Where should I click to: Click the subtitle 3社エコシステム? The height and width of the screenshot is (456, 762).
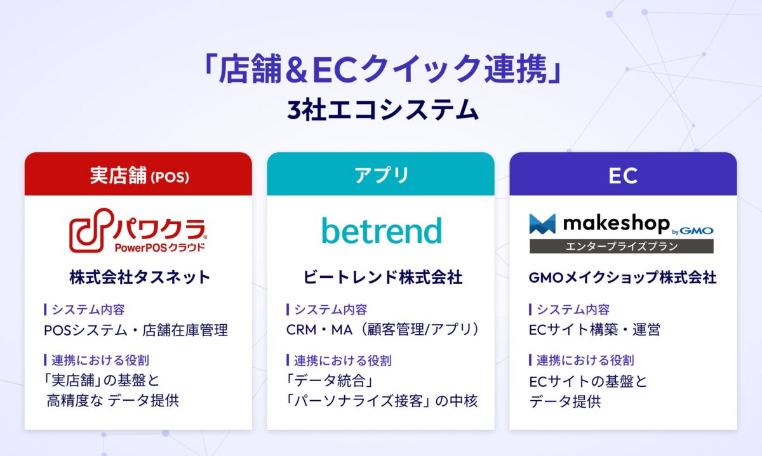381,109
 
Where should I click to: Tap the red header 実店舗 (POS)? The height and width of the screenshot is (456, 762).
138,174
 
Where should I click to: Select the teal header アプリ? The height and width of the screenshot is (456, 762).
381,174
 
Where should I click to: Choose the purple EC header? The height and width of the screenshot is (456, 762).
623,174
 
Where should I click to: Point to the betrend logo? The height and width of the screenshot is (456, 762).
381,231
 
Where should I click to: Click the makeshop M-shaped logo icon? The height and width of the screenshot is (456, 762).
542,224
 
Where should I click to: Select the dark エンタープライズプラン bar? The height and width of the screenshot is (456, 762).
621,246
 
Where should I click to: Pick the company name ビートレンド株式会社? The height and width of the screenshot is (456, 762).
381,277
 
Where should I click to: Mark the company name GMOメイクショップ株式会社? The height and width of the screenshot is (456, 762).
622,277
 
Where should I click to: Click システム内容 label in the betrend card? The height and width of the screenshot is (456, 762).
330,309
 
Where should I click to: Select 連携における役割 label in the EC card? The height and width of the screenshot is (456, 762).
585,360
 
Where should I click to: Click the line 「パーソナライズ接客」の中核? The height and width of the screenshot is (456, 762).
382,401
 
